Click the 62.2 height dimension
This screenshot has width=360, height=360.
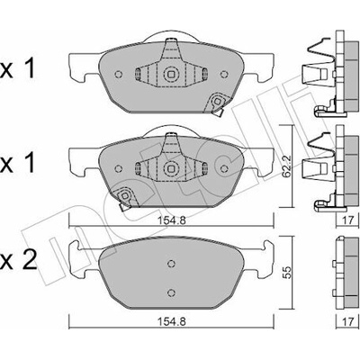pyautogui.click(x=286, y=170)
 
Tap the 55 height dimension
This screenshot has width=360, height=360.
pyautogui.click(x=287, y=273)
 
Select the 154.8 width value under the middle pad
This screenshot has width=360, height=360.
pyautogui.click(x=172, y=220)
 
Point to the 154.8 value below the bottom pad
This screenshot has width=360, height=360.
pyautogui.click(x=172, y=322)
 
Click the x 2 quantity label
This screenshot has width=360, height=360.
pyautogui.click(x=18, y=260)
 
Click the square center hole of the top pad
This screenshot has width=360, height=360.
pyautogui.click(x=170, y=74)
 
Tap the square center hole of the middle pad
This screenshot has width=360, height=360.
pyautogui.click(x=170, y=168)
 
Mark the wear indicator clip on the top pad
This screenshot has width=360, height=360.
pyautogui.click(x=218, y=103)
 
